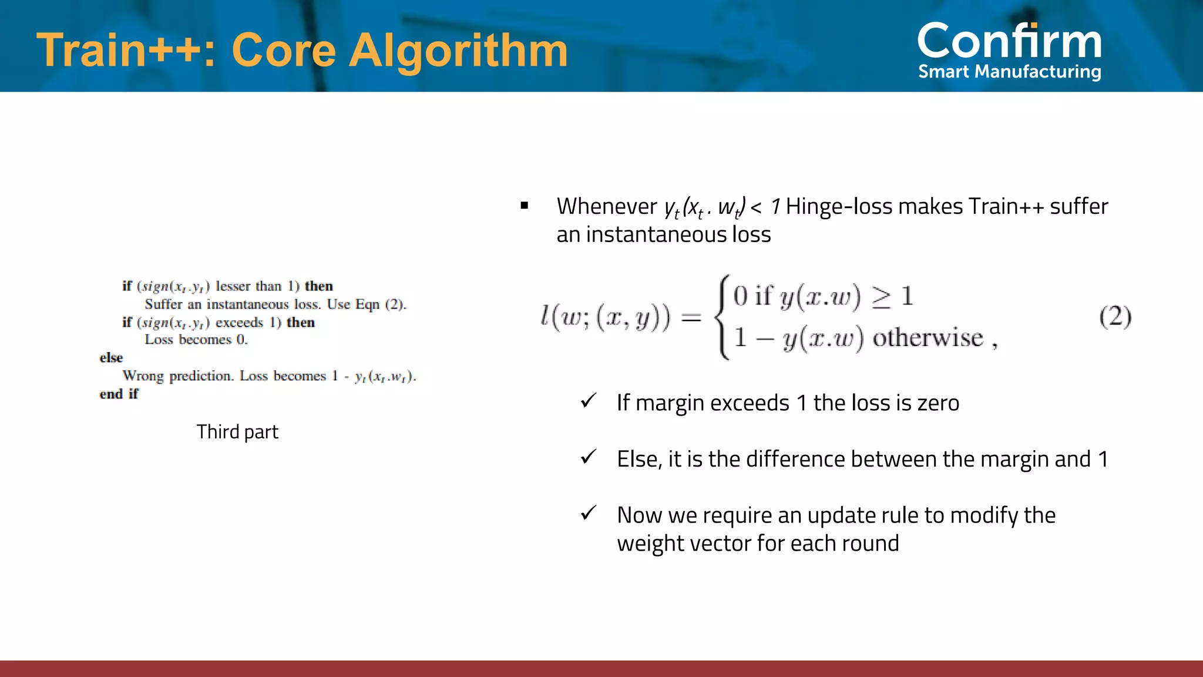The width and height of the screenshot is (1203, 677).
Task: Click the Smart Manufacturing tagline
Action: pos(1009,72)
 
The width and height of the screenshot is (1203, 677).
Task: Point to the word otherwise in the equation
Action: pos(928,338)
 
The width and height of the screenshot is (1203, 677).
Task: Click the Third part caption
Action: pos(237,432)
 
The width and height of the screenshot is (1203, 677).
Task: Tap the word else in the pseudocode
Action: pos(111,358)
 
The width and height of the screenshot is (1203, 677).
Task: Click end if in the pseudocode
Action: pos(119,394)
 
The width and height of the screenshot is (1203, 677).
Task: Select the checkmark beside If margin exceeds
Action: pos(588,401)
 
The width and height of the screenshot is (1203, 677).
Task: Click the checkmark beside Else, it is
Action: pos(588,457)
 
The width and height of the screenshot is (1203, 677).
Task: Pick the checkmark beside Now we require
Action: pos(588,513)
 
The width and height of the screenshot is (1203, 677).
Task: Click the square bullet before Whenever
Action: pos(525,206)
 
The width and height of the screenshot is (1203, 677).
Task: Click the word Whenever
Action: pos(606,206)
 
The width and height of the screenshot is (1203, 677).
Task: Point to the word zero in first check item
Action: pos(938,403)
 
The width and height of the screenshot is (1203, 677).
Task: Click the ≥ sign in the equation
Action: pos(881,297)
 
